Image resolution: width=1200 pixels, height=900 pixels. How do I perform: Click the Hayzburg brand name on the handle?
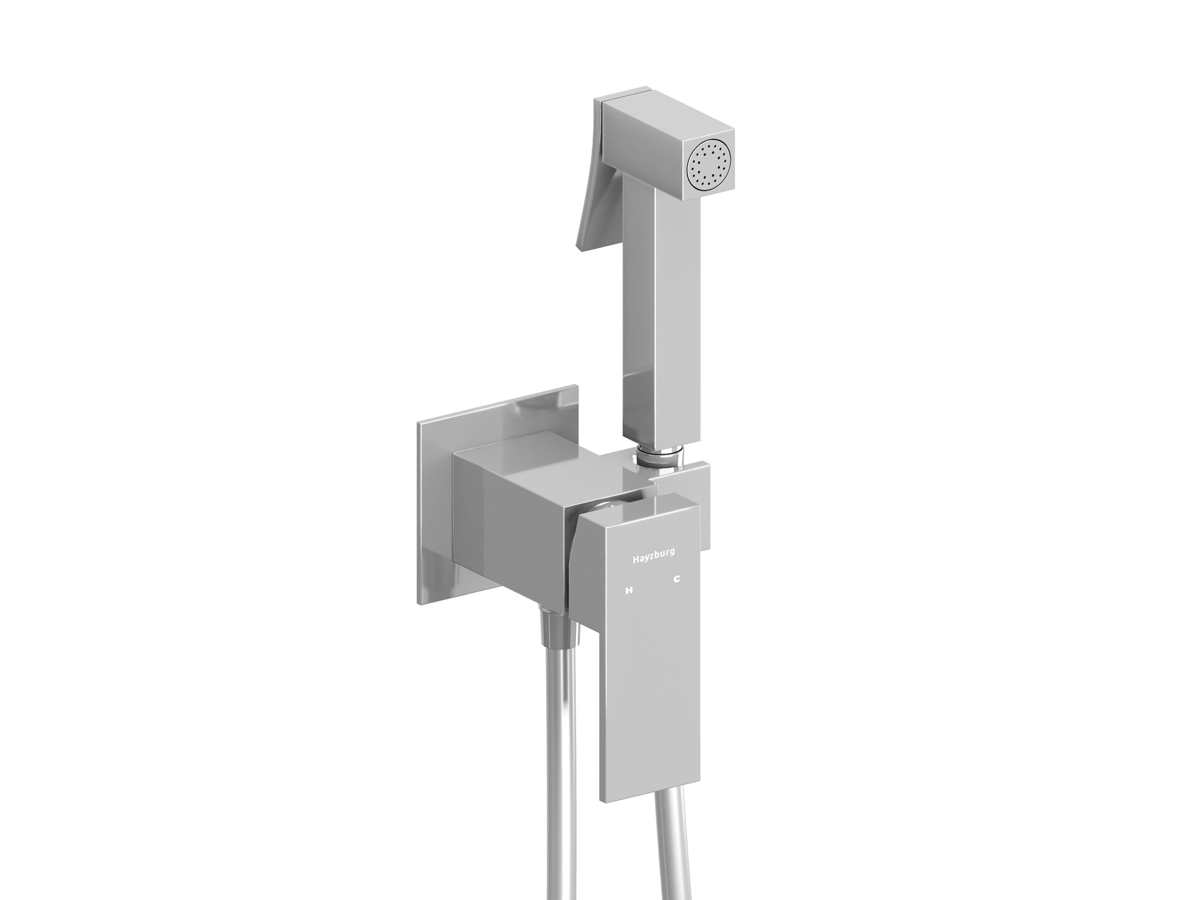[x=653, y=558]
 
